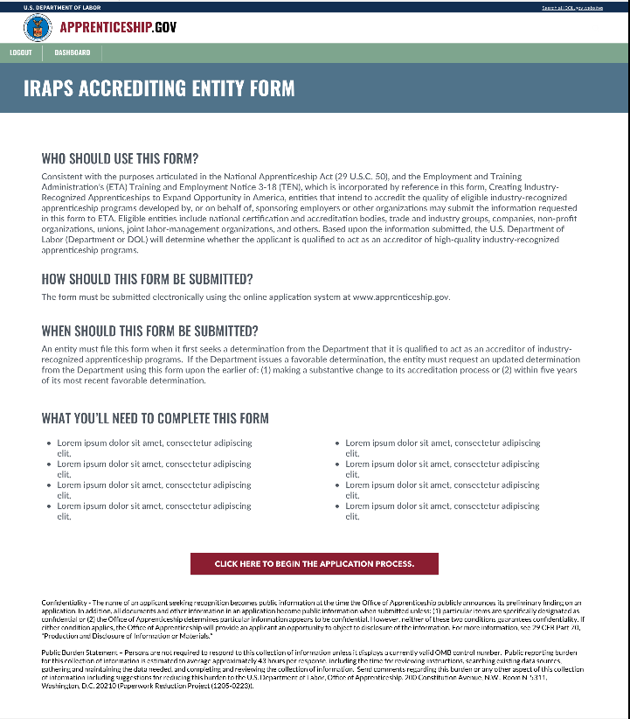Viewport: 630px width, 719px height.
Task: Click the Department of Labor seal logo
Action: pos(37,28)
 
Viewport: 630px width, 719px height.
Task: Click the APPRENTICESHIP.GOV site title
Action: pos(118,28)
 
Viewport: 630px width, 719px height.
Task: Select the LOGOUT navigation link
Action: pos(20,52)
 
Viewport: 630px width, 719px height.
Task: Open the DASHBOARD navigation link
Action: pos(73,52)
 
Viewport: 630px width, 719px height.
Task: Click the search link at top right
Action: pos(571,7)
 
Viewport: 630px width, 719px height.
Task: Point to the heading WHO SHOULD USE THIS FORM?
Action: pos(120,159)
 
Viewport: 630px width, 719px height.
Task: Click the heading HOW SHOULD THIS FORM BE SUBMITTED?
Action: pos(147,279)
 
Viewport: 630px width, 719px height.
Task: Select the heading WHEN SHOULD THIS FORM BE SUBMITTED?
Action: pos(149,331)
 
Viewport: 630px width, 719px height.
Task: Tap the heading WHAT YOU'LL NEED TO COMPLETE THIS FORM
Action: pos(155,418)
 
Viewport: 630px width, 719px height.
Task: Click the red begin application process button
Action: pos(314,564)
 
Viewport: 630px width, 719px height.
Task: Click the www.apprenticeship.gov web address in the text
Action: pos(401,297)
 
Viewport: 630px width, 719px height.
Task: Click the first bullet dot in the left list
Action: pos(48,443)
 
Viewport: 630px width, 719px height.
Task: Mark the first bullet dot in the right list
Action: pos(336,443)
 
